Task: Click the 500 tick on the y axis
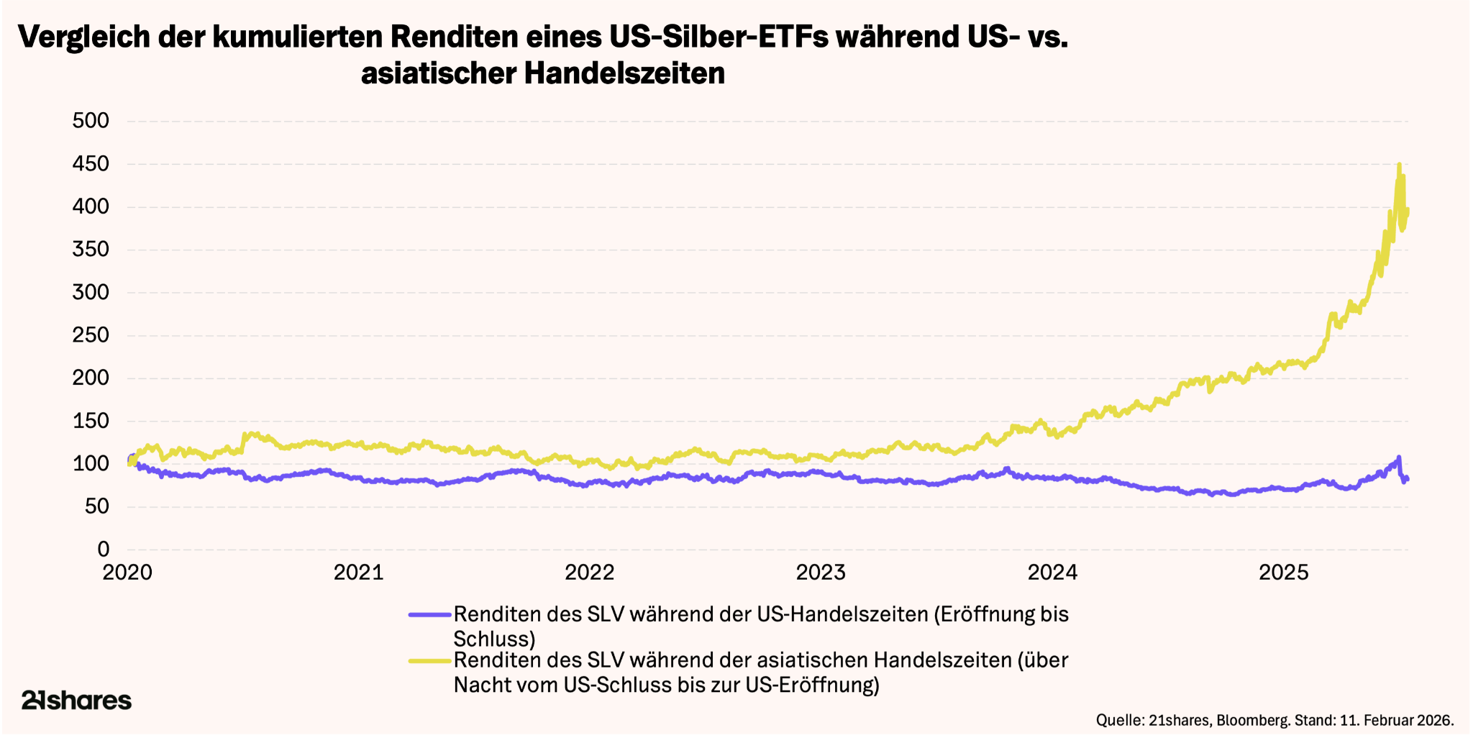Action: point(91,121)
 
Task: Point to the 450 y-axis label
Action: point(91,165)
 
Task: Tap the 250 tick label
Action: point(91,335)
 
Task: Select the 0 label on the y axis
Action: point(104,550)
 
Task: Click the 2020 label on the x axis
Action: point(127,573)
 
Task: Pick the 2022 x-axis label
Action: point(590,573)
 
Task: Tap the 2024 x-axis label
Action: point(1052,573)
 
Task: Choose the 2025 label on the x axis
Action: point(1284,573)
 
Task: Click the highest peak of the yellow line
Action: point(1399,165)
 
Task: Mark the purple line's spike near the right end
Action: point(1398,457)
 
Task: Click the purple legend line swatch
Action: point(430,615)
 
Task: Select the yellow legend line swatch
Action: point(430,660)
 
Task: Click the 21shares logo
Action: point(76,700)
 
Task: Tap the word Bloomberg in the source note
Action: point(1252,720)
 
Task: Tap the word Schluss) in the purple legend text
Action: point(495,639)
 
